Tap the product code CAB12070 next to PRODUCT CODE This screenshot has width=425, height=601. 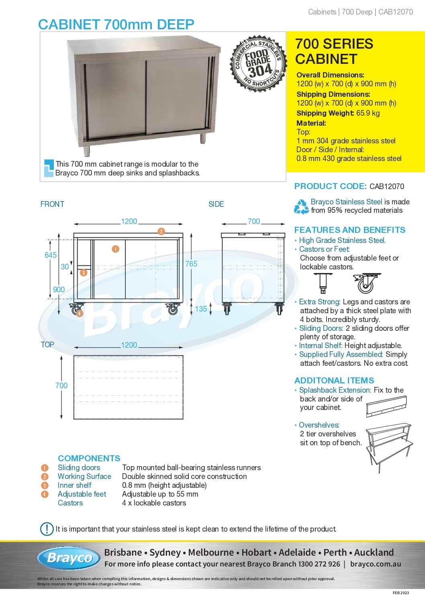[x=387, y=186]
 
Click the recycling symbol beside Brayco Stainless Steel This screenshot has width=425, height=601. [x=301, y=206]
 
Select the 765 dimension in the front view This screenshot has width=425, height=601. [x=191, y=264]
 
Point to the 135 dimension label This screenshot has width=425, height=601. [x=201, y=309]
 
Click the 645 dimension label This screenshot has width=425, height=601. [x=51, y=255]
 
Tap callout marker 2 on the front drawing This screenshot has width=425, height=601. [x=161, y=231]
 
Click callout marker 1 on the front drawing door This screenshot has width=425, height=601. [x=115, y=249]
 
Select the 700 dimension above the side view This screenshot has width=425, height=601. [x=254, y=221]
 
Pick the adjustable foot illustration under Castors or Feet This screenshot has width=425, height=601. [x=323, y=283]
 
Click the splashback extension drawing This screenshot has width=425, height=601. [x=386, y=407]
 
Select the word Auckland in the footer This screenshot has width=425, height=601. [x=374, y=552]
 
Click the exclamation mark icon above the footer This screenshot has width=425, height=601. [x=47, y=529]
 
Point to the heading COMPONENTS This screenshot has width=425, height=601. [x=89, y=458]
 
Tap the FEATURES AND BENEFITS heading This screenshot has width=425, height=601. [x=350, y=230]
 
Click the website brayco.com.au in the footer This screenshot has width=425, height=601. [x=376, y=564]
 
